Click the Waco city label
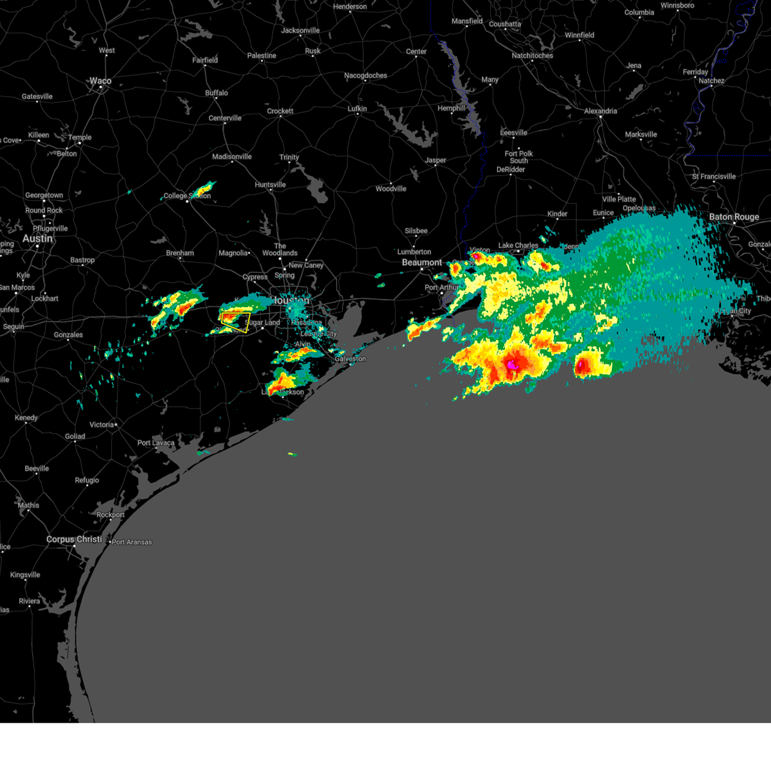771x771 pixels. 100,81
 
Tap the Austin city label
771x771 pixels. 37,238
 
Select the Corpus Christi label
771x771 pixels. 74,539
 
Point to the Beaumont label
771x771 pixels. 422,262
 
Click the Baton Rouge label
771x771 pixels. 734,217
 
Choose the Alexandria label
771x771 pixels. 600,111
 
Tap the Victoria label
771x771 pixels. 102,425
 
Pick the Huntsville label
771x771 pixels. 270,185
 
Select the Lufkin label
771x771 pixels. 357,109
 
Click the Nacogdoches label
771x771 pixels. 366,76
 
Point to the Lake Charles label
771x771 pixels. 518,245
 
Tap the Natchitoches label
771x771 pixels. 532,56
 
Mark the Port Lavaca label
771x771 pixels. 155,443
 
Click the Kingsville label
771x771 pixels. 25,575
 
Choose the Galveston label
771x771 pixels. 350,359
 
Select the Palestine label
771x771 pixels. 261,56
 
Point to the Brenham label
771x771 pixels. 180,253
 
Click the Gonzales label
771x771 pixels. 68,335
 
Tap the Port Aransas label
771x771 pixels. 132,542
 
